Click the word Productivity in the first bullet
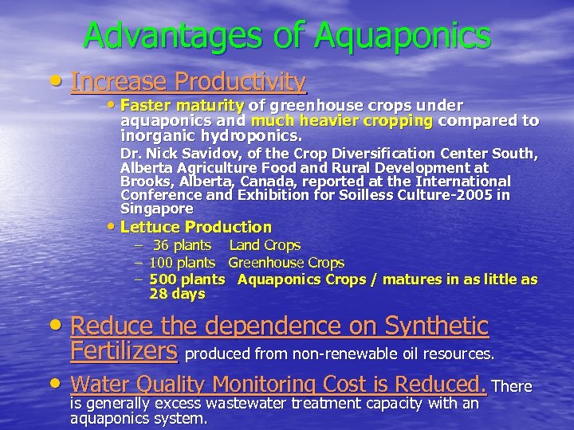pyautogui.click(x=240, y=81)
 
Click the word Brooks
pyautogui.click(x=142, y=181)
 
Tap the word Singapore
pyautogui.click(x=156, y=209)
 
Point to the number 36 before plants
pyautogui.click(x=160, y=245)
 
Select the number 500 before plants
pyautogui.click(x=162, y=279)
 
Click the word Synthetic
pyautogui.click(x=435, y=326)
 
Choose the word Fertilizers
pyautogui.click(x=124, y=350)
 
